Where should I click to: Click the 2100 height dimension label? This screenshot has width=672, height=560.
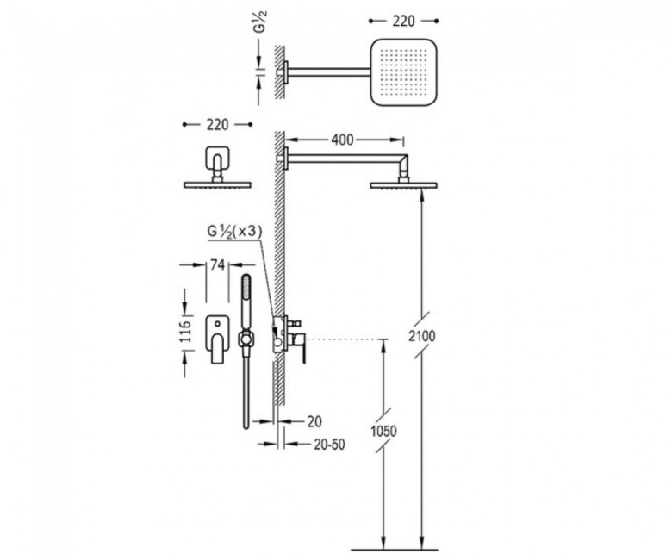coord(421,336)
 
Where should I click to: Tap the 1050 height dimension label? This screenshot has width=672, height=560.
coord(383,431)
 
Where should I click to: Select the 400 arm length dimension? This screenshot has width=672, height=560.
coord(343,140)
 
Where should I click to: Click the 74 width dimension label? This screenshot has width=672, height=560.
coord(217,265)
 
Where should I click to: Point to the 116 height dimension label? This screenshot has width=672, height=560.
coord(184,332)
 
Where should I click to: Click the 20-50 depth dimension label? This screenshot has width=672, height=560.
coord(329,445)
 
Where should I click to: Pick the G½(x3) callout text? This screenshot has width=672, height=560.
coord(234,232)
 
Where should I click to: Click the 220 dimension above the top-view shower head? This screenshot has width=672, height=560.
coord(403,21)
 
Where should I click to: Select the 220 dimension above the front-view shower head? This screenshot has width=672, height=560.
coord(218,125)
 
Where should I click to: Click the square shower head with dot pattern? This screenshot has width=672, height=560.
coord(403,72)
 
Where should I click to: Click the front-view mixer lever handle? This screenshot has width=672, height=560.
coord(217,349)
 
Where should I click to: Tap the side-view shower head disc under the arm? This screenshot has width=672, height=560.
coord(403,185)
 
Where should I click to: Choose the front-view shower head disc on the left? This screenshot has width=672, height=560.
coord(217,184)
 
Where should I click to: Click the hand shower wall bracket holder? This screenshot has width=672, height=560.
coord(246,339)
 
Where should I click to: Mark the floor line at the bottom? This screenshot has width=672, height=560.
coord(395,550)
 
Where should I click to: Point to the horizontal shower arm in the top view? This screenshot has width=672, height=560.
coord(328,72)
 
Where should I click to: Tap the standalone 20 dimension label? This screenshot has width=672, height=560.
coord(314,421)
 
